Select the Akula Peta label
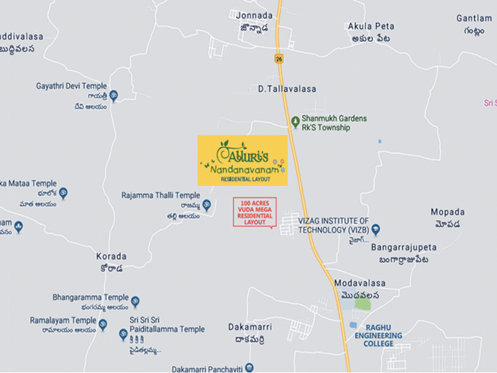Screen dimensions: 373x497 [x=370, y=26]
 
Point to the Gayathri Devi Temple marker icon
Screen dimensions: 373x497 [x=114, y=95]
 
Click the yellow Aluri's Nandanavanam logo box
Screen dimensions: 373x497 [x=243, y=160]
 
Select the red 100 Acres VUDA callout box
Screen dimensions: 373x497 [x=254, y=211]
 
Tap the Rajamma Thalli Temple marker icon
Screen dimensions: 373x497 [x=207, y=205]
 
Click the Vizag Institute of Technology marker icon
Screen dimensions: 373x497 [x=375, y=229]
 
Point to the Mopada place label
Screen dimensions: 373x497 [x=447, y=211]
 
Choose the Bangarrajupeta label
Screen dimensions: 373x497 [x=404, y=247]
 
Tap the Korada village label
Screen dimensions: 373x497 [x=111, y=256]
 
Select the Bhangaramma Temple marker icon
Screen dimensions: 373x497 [x=135, y=302]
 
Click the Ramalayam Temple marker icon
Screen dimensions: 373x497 [x=103, y=325]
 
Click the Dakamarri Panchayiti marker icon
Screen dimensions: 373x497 [x=249, y=367]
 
